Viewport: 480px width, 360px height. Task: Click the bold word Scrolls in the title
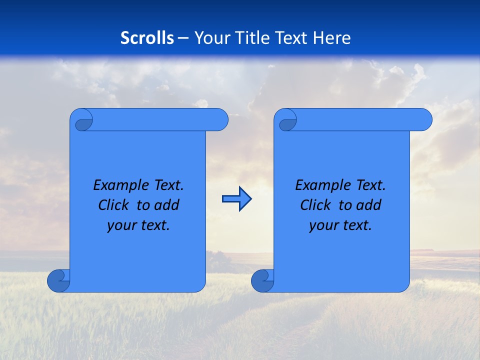pos(147,38)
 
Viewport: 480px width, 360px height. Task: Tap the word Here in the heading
pos(331,38)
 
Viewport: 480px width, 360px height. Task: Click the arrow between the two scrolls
pos(236,199)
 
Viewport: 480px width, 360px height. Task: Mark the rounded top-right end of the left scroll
pos(220,120)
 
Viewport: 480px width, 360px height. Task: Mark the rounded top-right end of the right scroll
pos(424,120)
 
